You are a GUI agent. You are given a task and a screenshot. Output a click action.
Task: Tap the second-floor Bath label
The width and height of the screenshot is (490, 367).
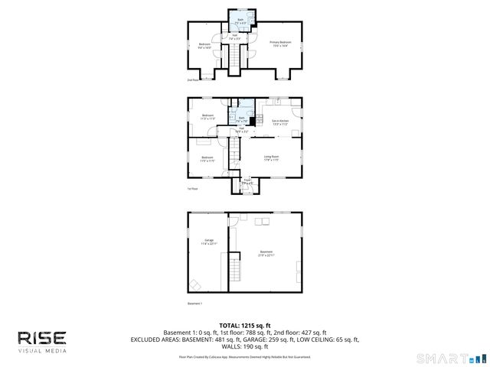coord(240,21)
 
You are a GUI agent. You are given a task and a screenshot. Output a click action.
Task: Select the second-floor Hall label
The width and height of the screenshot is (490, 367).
coord(234,37)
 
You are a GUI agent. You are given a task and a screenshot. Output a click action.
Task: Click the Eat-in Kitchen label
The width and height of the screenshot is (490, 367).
coord(279,122)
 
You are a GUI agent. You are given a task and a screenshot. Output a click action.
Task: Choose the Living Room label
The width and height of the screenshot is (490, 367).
coord(271,159)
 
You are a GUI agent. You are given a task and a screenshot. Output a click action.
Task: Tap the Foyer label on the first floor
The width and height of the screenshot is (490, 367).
coord(247,183)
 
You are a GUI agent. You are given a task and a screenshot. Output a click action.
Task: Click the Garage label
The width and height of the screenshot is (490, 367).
coord(208,242)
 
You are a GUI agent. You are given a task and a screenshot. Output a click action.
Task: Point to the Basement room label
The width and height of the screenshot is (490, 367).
coord(266,253)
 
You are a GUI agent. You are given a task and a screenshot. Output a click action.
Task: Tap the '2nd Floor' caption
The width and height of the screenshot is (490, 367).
coord(193,80)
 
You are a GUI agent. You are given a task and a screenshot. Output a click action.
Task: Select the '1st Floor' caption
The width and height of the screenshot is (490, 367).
coord(193,188)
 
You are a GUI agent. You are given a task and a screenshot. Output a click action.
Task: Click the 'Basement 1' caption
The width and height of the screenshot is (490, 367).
coord(195,304)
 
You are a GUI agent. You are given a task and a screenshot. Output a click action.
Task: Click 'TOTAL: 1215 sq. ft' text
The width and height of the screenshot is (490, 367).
coord(245,326)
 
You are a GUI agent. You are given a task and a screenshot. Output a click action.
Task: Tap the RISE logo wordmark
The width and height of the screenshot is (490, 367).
coord(42,338)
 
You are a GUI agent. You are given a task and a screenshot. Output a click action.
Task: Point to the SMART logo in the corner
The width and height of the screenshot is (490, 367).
coord(448,358)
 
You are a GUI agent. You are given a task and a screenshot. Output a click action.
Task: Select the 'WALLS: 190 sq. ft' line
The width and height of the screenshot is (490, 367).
coord(245,346)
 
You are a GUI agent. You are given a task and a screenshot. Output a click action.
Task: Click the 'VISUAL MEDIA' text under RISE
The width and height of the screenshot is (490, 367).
coord(42,351)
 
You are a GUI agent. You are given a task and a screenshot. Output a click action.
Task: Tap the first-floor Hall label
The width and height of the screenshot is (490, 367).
coord(240,131)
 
